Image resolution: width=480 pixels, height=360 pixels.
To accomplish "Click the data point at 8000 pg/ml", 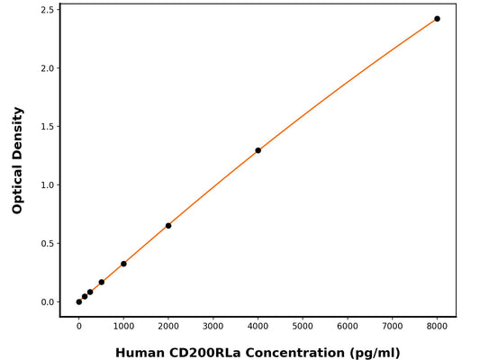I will point(437,19).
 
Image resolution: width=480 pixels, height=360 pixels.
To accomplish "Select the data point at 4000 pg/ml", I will point(258,150).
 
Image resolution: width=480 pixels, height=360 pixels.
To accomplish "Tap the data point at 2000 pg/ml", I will point(168,226).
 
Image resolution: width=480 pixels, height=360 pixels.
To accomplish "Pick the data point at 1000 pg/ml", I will point(123,264).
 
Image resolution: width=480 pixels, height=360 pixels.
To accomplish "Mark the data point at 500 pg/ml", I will point(101,283).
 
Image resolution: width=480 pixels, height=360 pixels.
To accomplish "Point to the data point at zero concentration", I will point(79,301).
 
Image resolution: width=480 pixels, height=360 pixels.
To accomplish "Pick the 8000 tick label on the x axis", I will point(437,327).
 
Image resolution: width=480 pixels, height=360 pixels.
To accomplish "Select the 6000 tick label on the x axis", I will point(347,327).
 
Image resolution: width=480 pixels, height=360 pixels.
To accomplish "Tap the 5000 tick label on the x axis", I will point(303,327).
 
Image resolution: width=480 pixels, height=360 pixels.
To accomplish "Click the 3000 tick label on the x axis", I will point(213,327).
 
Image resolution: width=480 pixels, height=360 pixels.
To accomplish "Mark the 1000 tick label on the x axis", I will point(123,327).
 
